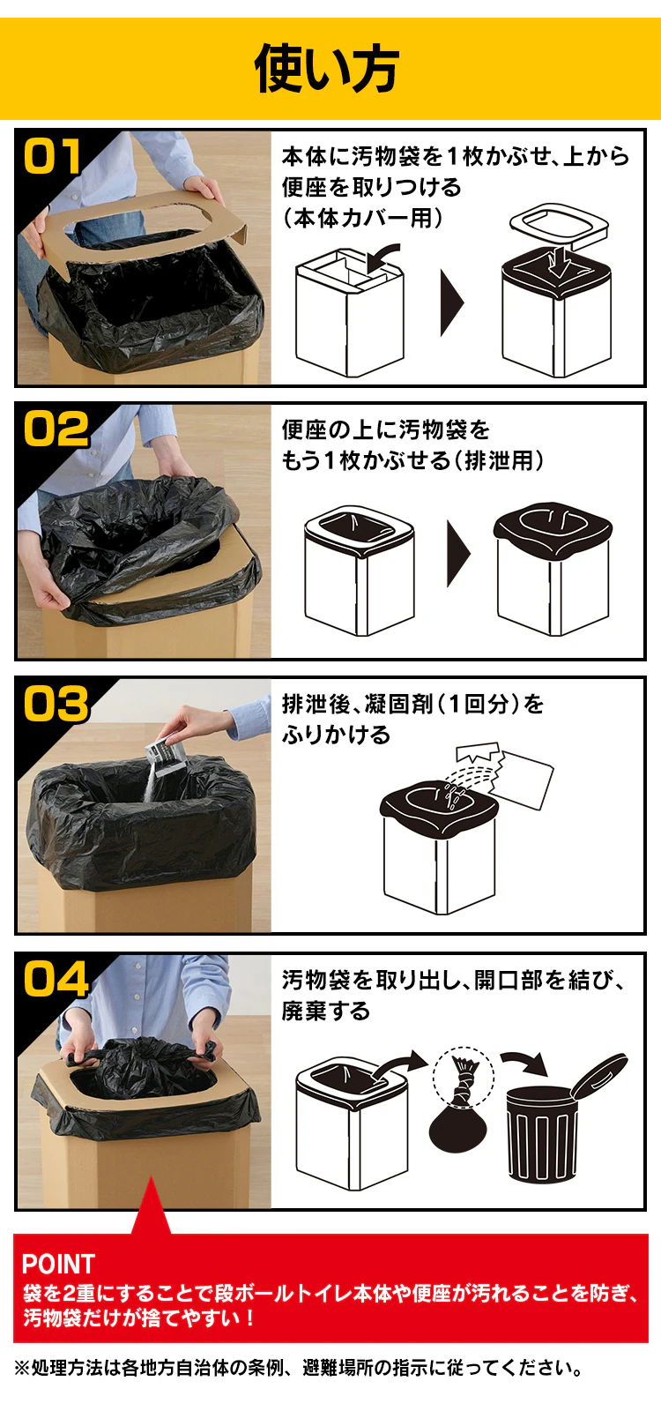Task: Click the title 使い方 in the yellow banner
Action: tap(326, 68)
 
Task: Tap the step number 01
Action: tap(52, 155)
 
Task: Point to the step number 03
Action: tap(56, 704)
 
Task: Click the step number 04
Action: tap(56, 980)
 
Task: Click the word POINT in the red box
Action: tap(58, 1265)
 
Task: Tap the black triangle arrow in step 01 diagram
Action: tap(452, 303)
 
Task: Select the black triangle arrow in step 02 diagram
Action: tap(459, 553)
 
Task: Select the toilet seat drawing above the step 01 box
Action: tap(558, 224)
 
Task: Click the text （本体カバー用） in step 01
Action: tap(363, 218)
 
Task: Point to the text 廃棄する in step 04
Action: tap(325, 1011)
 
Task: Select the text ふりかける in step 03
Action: tap(336, 735)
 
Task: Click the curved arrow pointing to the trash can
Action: tap(524, 1064)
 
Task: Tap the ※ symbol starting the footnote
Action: tap(21, 1368)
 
